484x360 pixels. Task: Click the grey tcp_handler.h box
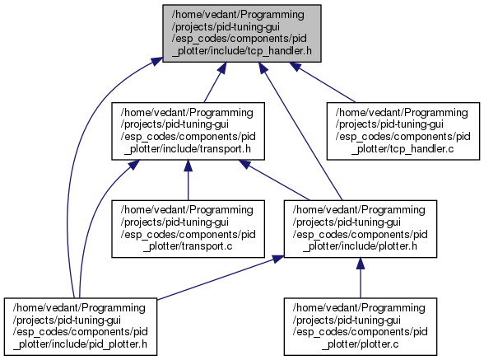click(x=242, y=34)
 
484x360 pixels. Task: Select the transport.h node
click(x=188, y=131)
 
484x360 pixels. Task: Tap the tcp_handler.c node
click(x=403, y=131)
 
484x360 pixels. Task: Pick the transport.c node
click(x=188, y=229)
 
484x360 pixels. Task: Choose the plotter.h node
click(x=361, y=229)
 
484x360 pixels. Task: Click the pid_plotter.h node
click(x=81, y=326)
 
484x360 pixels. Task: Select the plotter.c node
click(x=361, y=326)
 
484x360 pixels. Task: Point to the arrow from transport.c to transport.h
click(x=188, y=180)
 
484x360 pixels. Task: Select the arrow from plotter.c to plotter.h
click(x=361, y=278)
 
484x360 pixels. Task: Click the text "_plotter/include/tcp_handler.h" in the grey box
click(x=242, y=51)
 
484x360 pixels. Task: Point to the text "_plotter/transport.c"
click(x=188, y=246)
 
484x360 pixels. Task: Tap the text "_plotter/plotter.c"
click(x=361, y=344)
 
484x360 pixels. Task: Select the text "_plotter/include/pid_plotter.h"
click(x=81, y=344)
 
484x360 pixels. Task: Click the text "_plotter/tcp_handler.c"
click(x=403, y=149)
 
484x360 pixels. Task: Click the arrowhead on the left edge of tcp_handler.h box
click(x=156, y=60)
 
